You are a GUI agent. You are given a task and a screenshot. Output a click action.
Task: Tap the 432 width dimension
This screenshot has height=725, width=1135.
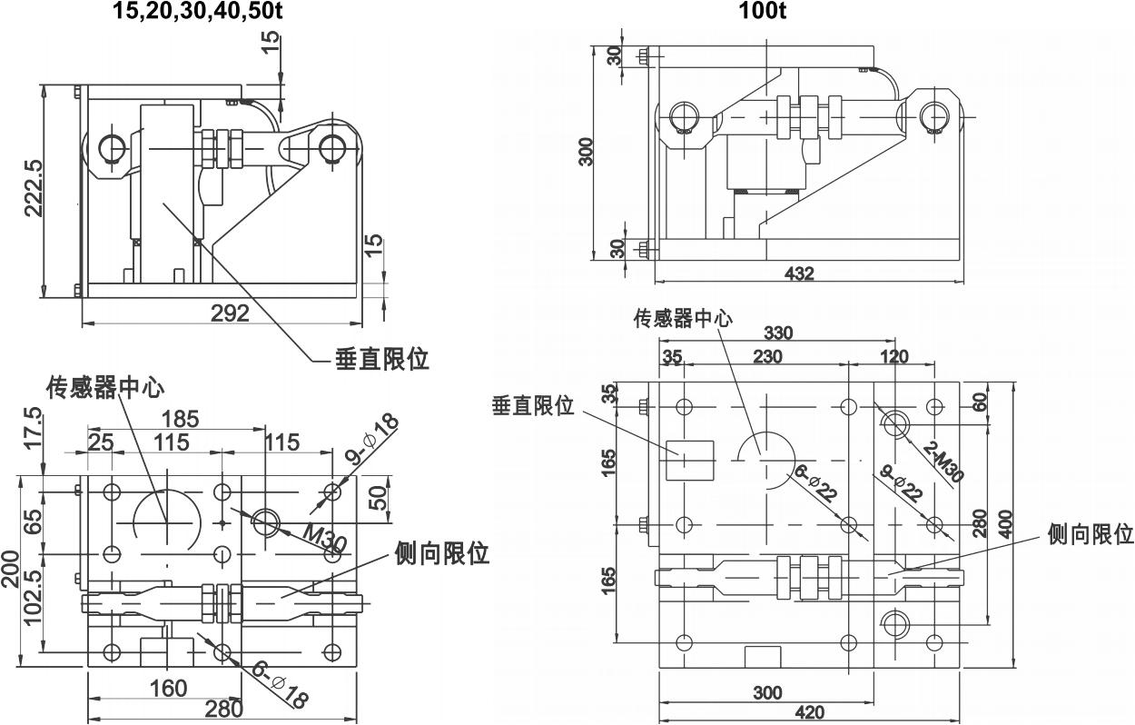pos(799,273)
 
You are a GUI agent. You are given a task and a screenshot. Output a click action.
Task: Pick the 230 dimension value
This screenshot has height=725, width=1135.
pos(767,357)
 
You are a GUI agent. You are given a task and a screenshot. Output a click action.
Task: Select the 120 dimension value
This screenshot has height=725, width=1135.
pos(894,357)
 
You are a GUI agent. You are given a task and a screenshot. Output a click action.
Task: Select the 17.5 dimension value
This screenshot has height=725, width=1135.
pos(34,428)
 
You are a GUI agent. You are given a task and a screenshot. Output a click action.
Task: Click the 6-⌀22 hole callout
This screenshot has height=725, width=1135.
pos(815,482)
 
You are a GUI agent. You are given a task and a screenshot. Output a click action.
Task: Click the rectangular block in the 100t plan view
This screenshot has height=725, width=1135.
pos(690,461)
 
